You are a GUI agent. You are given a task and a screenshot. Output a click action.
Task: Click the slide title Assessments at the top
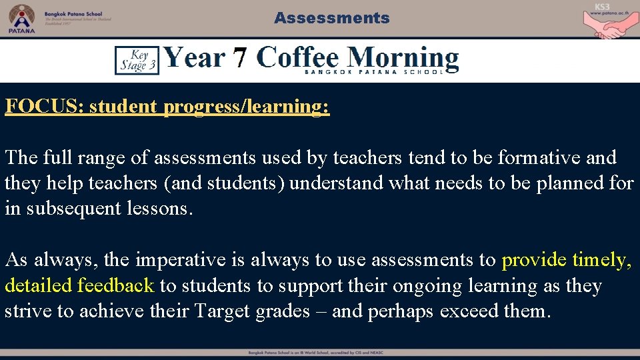[x=331, y=18]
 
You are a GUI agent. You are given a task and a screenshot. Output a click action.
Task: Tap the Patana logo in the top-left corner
[x=21, y=18]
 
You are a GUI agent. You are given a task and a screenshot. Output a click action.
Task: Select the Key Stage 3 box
[x=137, y=60]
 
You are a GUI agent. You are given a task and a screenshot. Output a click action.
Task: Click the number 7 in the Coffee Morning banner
[x=241, y=58]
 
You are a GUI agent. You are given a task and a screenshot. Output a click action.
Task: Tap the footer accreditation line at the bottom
[x=320, y=352]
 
